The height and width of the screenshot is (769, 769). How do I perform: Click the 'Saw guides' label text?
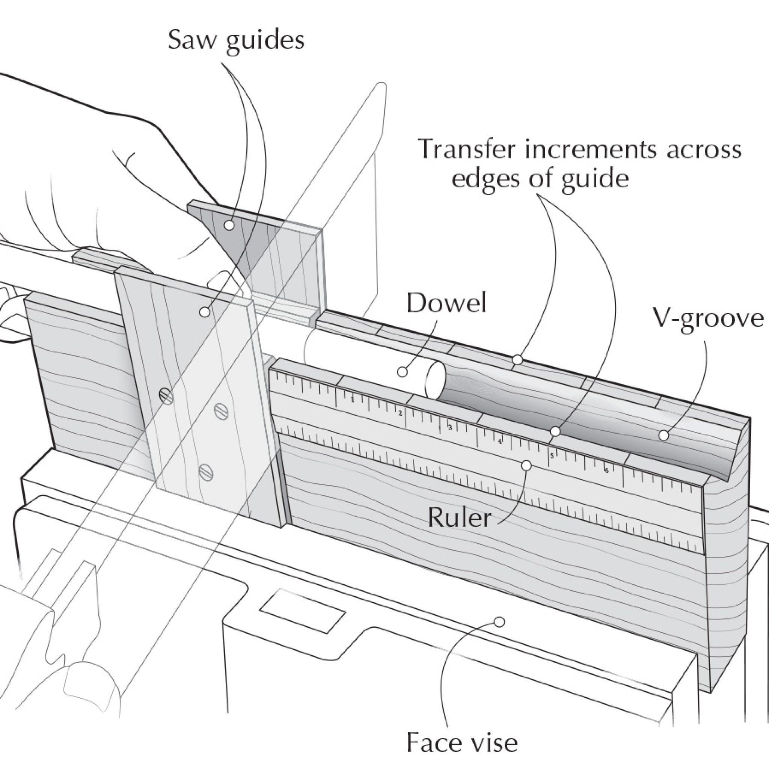pyautogui.click(x=236, y=41)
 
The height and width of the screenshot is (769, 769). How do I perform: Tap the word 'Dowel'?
pyautogui.click(x=446, y=303)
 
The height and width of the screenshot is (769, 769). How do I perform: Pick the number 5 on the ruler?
pyautogui.click(x=552, y=456)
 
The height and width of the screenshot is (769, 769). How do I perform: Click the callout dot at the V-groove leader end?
pyautogui.click(x=663, y=436)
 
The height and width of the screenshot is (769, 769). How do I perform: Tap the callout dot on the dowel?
pyautogui.click(x=403, y=372)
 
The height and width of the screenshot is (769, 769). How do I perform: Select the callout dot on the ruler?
pyautogui.click(x=526, y=465)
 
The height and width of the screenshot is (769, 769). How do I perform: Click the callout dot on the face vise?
pyautogui.click(x=499, y=622)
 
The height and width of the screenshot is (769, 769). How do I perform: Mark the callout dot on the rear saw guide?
pyautogui.click(x=229, y=225)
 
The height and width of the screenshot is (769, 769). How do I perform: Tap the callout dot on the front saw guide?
pyautogui.click(x=205, y=312)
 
